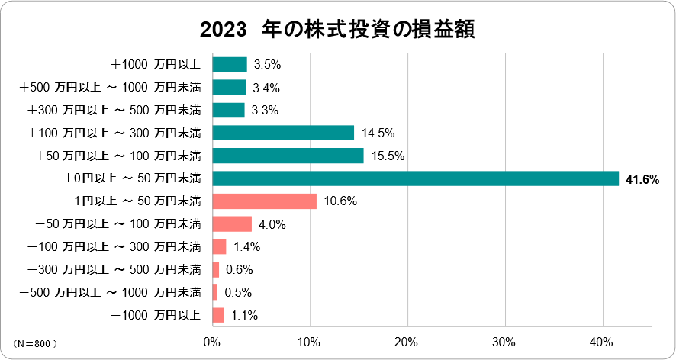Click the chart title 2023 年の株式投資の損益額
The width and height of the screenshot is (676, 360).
(x=337, y=30)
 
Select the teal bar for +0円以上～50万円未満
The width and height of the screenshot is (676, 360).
(x=415, y=178)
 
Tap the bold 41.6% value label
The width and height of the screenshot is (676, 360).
(x=642, y=179)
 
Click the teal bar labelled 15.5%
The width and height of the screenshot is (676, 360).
(x=288, y=156)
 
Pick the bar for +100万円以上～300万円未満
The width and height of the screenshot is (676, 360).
(x=283, y=133)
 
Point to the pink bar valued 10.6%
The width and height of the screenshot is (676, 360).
(x=264, y=201)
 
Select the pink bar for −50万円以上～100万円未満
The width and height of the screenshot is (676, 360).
(x=231, y=224)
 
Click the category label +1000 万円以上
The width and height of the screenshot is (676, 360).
(x=156, y=65)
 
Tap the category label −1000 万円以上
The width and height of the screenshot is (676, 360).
(x=156, y=315)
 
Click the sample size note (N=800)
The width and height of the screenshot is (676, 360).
(x=35, y=344)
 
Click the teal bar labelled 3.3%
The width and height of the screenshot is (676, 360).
(x=228, y=111)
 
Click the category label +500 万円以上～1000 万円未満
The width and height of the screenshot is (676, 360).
(x=110, y=88)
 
